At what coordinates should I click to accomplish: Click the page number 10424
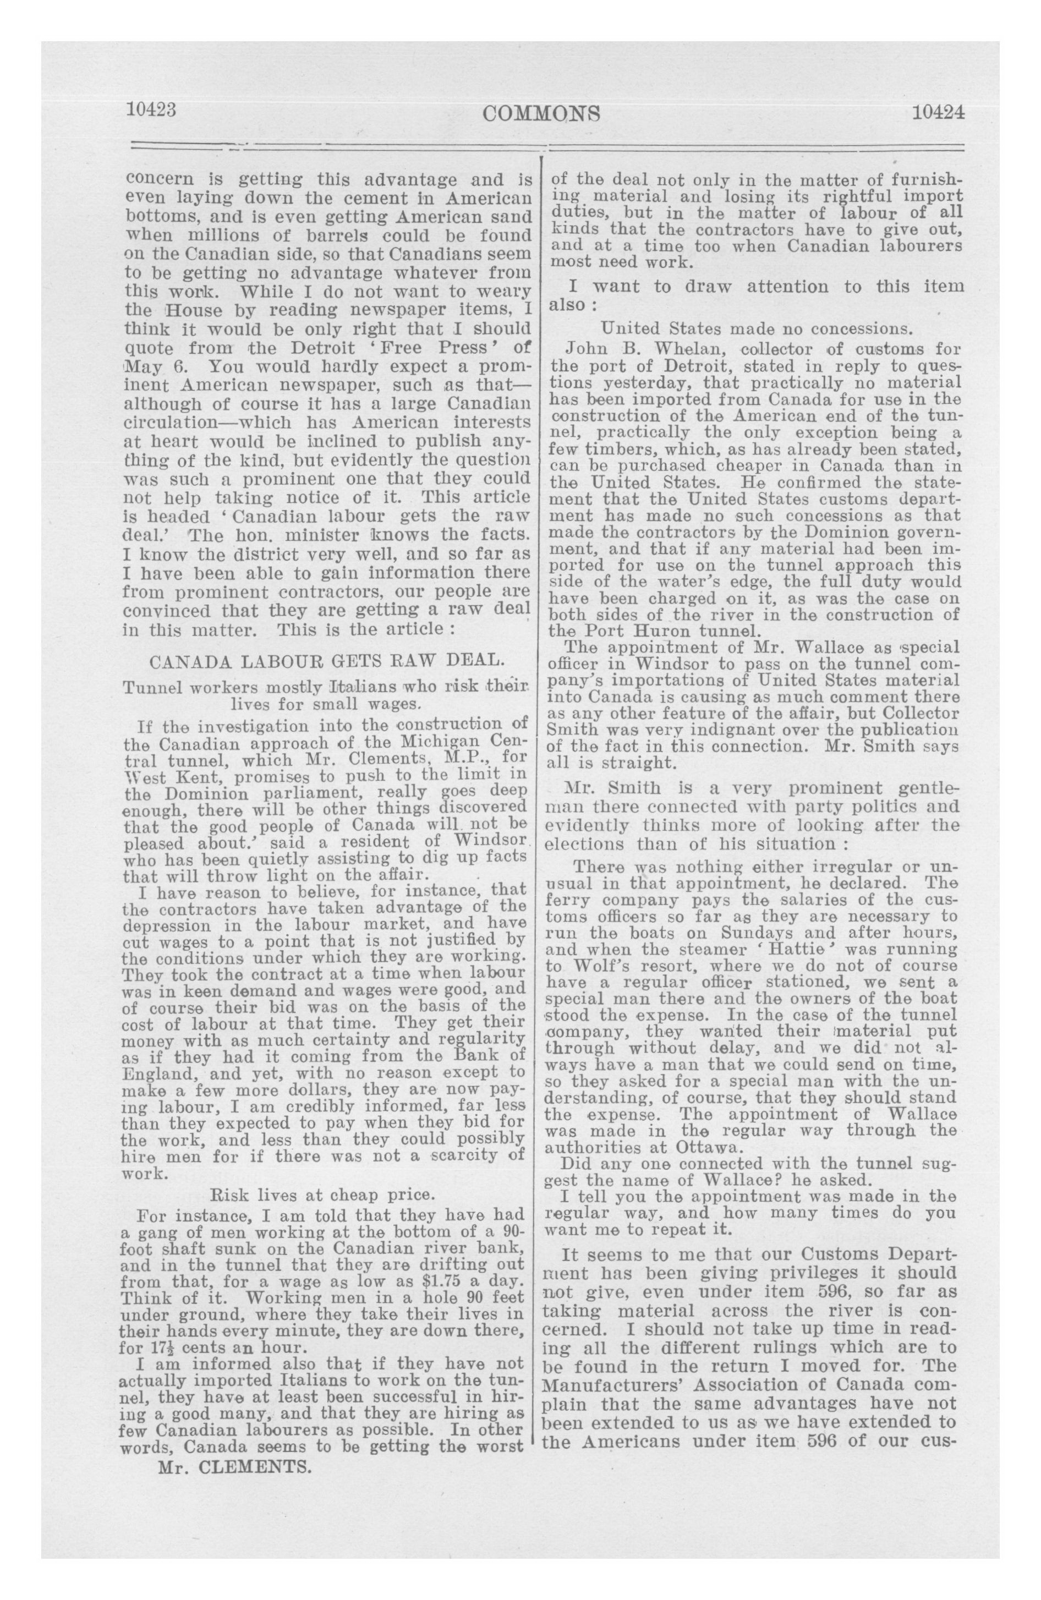(x=938, y=112)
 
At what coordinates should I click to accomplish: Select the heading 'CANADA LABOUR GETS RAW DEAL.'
(x=324, y=661)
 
